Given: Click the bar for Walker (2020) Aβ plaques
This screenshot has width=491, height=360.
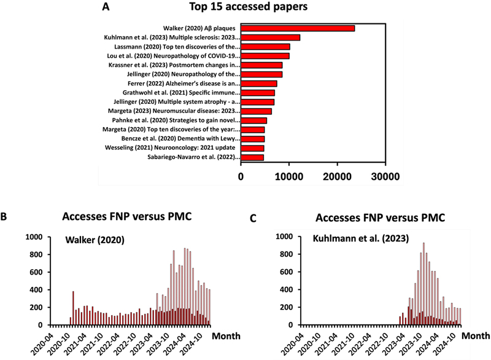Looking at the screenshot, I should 298,28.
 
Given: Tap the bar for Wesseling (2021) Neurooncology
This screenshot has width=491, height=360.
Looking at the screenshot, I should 252,148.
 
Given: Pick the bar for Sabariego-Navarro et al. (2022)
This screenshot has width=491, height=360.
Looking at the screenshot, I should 252,157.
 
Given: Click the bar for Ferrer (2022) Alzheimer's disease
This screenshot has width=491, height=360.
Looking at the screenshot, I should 259,84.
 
